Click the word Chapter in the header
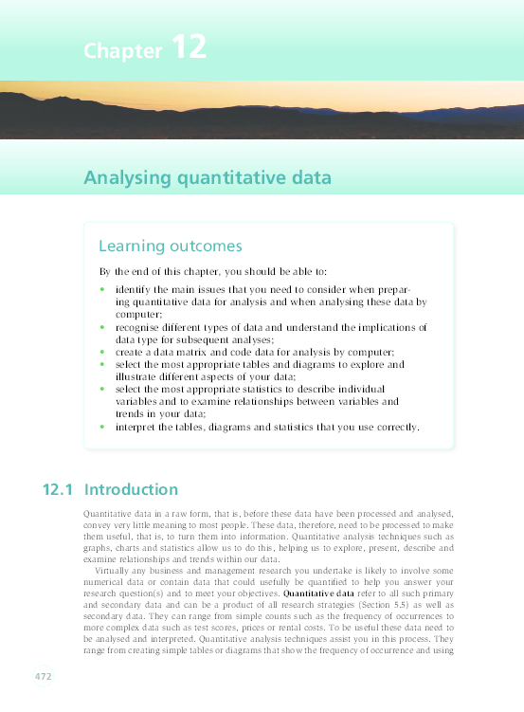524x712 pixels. (122, 50)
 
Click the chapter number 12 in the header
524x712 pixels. (189, 46)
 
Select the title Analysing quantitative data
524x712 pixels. (208, 176)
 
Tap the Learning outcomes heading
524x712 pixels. (171, 246)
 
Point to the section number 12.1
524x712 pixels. (58, 490)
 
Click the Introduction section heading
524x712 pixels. (131, 490)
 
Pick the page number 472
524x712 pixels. (43, 677)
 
